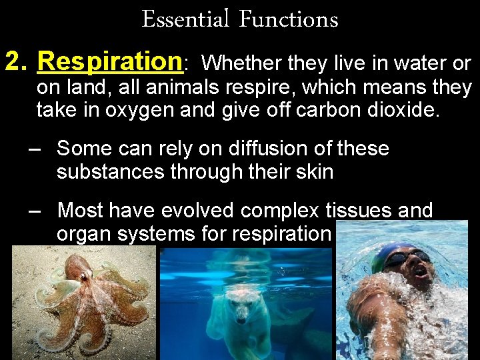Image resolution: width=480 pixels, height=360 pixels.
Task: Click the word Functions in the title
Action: [288, 19]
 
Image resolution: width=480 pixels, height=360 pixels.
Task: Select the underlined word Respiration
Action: [110, 62]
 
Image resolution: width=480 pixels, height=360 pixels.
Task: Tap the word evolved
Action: [197, 211]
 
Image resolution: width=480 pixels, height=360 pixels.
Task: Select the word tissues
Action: [355, 211]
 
